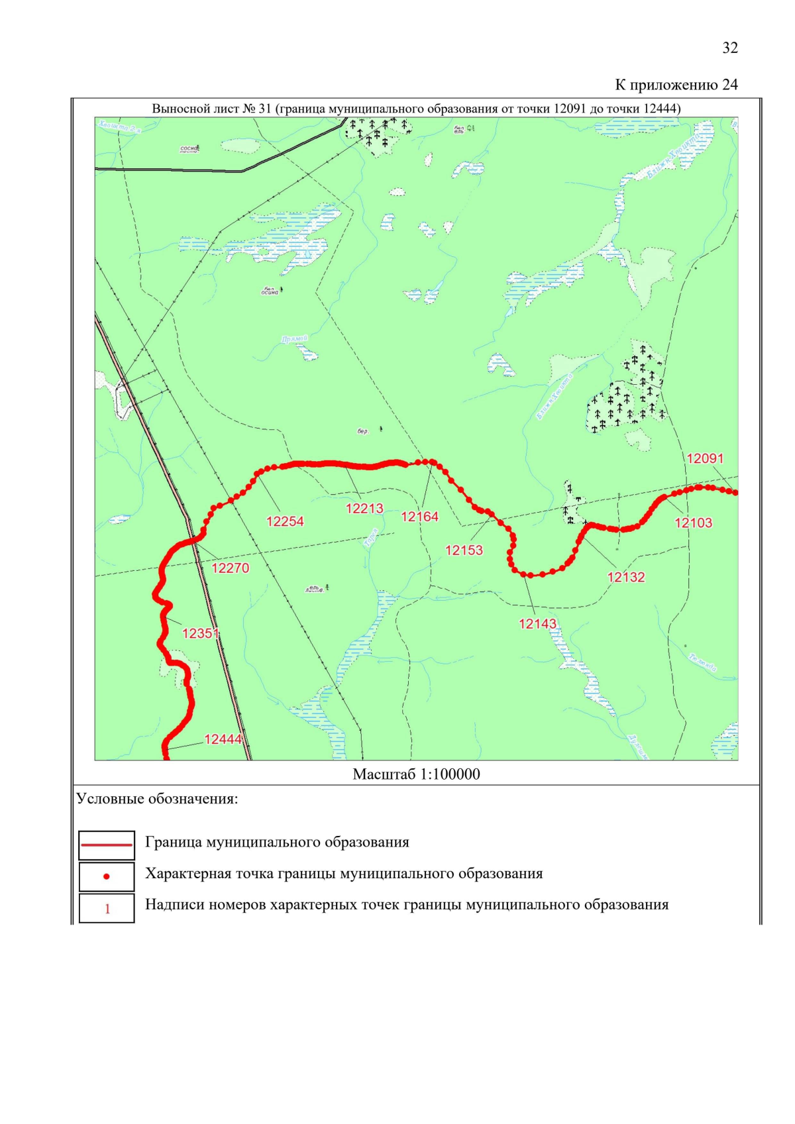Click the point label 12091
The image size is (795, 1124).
click(705, 458)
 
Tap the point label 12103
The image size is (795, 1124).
click(693, 523)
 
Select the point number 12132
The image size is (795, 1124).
click(625, 577)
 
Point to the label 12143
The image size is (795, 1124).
click(537, 623)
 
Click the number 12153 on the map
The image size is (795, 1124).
click(464, 550)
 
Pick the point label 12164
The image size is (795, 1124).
click(419, 517)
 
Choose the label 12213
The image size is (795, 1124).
click(364, 508)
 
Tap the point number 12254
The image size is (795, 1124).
click(285, 521)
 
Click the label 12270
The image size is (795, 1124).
click(230, 568)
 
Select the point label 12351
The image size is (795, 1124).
click(200, 633)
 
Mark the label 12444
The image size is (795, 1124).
click(223, 739)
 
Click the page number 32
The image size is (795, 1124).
click(729, 48)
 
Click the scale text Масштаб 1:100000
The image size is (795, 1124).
click(416, 774)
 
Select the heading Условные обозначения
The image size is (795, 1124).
click(157, 799)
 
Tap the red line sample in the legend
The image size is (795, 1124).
click(107, 844)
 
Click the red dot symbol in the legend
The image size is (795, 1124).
click(107, 876)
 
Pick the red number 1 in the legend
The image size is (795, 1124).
click(107, 909)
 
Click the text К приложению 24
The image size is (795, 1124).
click(676, 85)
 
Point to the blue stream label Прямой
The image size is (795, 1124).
click(294, 339)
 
